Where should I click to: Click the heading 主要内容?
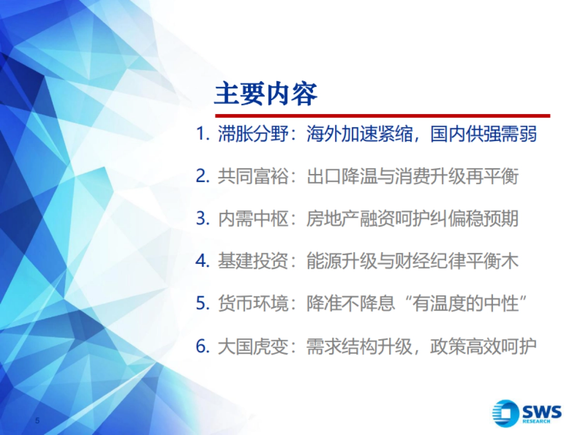(265, 93)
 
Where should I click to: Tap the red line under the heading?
(382, 116)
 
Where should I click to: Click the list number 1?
(203, 134)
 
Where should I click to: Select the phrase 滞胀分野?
(253, 134)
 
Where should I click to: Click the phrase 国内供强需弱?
(483, 134)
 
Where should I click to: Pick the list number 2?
(203, 176)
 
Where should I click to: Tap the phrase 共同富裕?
(253, 176)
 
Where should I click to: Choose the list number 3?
(203, 218)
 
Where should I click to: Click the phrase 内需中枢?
(253, 218)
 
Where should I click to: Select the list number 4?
(203, 261)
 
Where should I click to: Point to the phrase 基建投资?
(253, 261)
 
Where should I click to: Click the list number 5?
(203, 303)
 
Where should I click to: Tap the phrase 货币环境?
(253, 303)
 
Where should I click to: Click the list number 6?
(203, 346)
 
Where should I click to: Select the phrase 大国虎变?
(253, 346)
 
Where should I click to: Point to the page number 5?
(37, 420)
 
